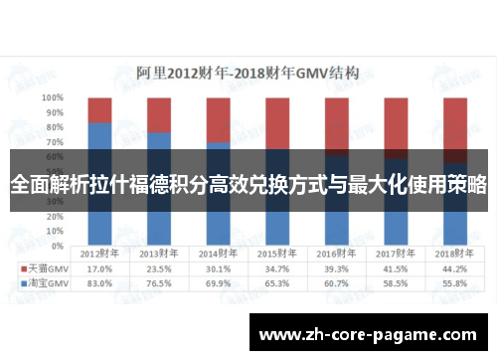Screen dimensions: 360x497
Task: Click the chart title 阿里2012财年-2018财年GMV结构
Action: coord(248,72)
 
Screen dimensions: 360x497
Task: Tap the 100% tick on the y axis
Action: coord(53,98)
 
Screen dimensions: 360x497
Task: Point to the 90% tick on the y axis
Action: coord(54,113)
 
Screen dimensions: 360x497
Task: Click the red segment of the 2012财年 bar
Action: coord(99,109)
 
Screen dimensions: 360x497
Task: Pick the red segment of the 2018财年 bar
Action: coord(454,124)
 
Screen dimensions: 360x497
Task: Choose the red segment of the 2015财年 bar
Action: coord(277,122)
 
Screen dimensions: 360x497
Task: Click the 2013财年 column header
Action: coord(159,254)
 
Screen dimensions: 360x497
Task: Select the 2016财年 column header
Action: coord(336,254)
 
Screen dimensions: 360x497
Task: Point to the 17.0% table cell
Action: coord(99,269)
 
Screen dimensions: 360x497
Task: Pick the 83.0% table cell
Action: coord(99,283)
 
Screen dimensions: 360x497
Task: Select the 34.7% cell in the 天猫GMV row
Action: coord(277,269)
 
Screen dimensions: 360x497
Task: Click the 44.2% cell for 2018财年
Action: coord(454,269)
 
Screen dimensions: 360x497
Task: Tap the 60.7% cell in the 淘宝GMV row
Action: coord(336,283)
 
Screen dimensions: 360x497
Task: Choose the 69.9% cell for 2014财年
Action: coord(218,283)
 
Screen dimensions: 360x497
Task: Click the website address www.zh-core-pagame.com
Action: coord(368,335)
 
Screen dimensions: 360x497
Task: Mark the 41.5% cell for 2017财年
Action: coord(396,269)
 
